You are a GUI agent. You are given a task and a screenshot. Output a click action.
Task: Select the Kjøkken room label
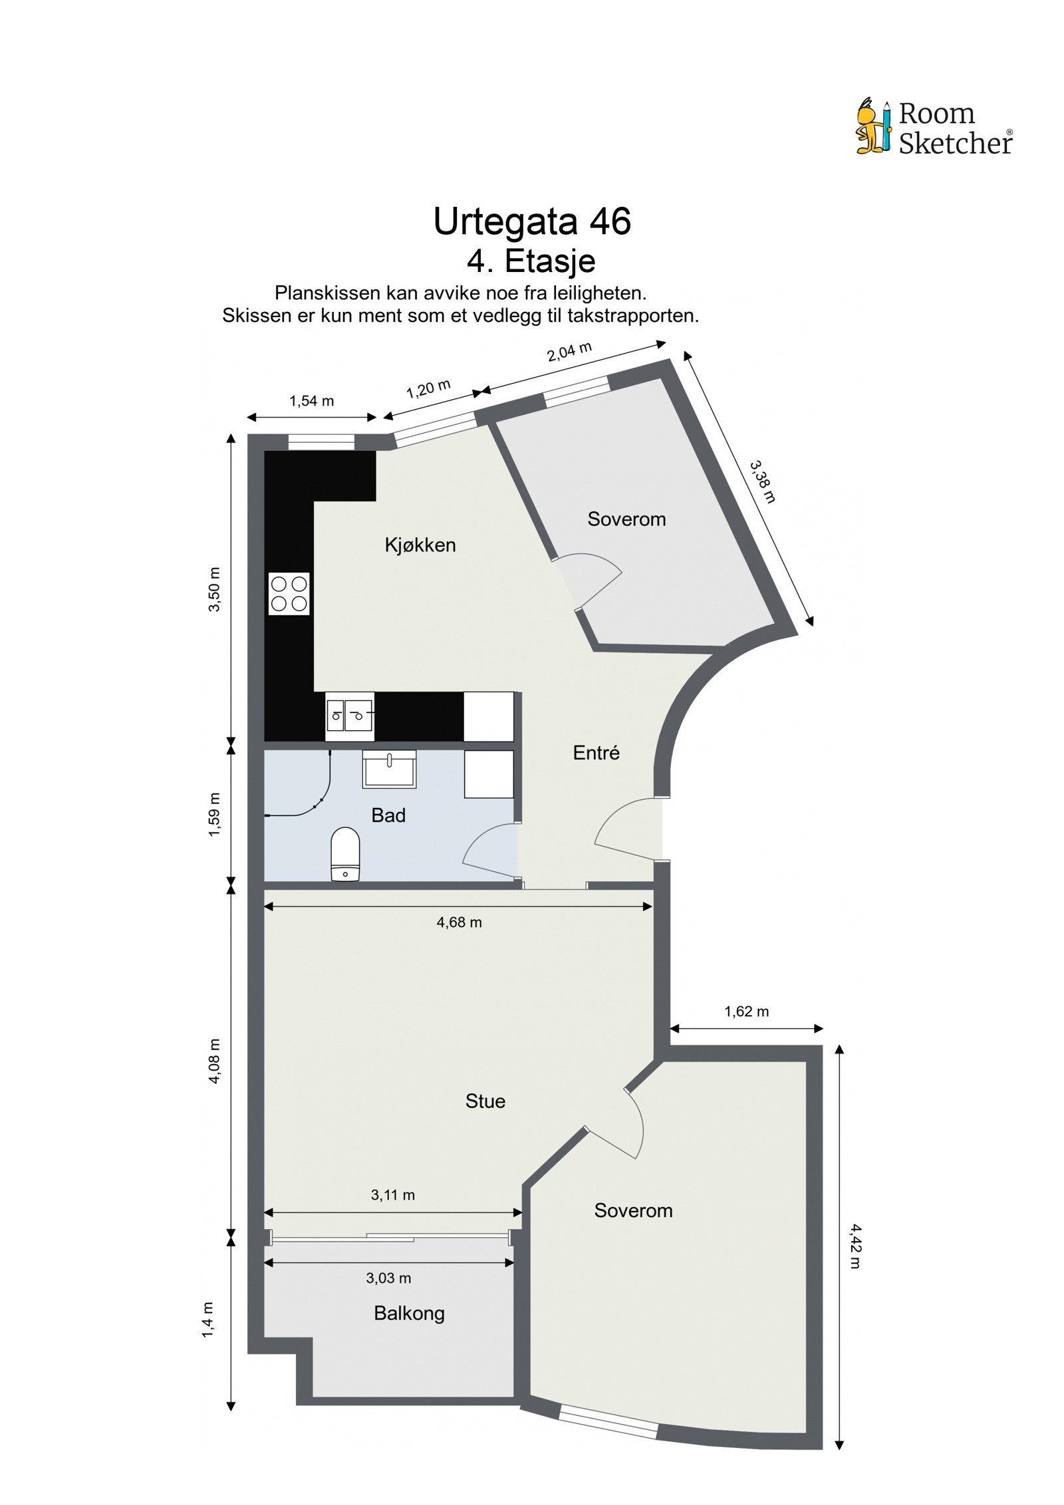tap(420, 545)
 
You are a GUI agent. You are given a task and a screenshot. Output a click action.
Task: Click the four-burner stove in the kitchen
tap(289, 593)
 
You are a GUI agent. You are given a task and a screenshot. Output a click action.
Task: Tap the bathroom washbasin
tap(389, 769)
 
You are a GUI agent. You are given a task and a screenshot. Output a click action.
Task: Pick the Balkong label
tap(409, 1313)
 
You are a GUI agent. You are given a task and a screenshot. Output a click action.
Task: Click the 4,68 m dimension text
tap(459, 922)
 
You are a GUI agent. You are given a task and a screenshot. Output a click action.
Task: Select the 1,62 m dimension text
tap(746, 1012)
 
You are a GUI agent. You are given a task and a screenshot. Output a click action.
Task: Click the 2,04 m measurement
tap(569, 351)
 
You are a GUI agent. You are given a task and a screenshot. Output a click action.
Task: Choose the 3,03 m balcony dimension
tap(388, 1278)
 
